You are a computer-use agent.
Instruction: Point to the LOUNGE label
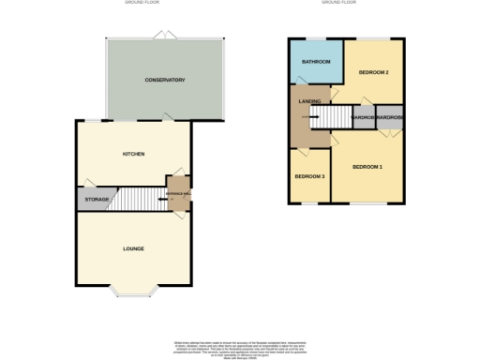(133, 248)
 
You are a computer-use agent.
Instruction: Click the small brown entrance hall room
(178, 194)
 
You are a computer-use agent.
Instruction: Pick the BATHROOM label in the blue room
(315, 62)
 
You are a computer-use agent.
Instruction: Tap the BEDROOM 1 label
(367, 167)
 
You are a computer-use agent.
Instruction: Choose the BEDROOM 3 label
(309, 177)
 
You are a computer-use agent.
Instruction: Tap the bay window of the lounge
(134, 292)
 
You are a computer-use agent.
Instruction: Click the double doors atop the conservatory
(167, 36)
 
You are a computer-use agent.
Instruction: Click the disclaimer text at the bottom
(240, 346)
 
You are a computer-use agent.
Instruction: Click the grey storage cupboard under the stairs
(95, 200)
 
